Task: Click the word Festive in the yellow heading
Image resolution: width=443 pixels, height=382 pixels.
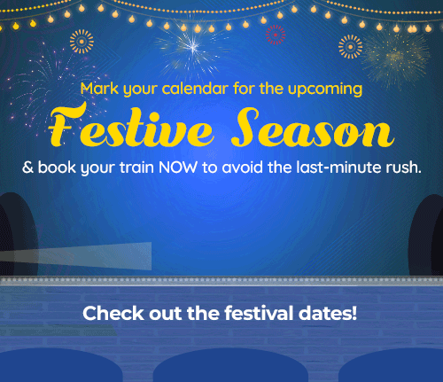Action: click(131, 126)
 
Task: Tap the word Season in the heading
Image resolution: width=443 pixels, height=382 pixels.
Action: click(313, 127)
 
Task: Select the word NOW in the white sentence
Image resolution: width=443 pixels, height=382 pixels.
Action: click(178, 168)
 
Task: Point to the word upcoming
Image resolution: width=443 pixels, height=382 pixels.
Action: click(325, 90)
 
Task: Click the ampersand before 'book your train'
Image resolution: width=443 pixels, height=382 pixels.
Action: click(28, 168)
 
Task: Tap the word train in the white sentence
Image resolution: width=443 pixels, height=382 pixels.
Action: click(136, 168)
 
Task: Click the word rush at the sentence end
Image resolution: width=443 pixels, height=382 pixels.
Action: click(401, 168)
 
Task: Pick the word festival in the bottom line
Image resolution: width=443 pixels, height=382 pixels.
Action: click(259, 313)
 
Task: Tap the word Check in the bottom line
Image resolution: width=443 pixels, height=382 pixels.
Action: click(113, 313)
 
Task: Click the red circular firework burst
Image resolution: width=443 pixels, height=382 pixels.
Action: click(276, 35)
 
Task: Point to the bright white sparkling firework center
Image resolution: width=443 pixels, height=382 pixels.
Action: click(192, 46)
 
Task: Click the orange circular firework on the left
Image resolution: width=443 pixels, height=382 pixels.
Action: click(82, 42)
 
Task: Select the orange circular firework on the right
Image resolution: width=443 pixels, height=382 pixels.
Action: click(350, 47)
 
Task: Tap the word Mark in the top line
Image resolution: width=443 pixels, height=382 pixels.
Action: click(99, 89)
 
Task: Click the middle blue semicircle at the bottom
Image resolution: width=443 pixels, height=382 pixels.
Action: click(230, 365)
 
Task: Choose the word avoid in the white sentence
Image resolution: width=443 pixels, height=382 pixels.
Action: click(242, 168)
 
